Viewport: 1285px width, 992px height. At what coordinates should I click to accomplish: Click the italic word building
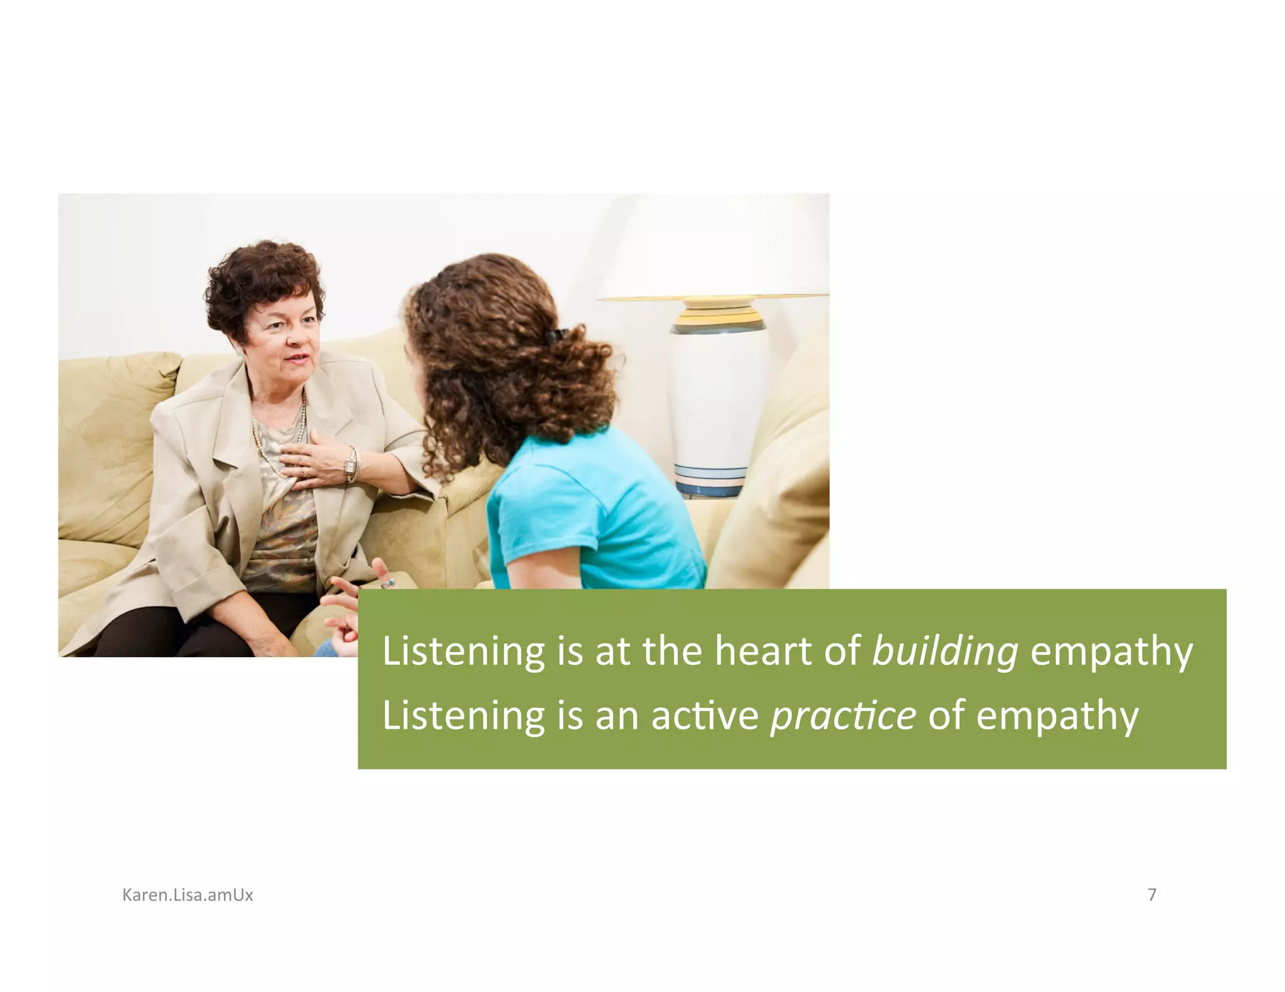click(945, 652)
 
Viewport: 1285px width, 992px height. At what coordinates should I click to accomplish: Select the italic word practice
click(843, 716)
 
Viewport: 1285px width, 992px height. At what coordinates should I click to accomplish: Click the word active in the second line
click(705, 716)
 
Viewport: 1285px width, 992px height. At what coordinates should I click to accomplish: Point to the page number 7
click(1151, 895)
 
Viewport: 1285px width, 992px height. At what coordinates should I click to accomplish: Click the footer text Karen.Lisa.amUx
click(188, 895)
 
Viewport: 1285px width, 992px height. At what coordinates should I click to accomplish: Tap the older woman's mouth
click(298, 359)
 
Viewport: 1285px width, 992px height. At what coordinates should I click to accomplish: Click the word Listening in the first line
click(464, 652)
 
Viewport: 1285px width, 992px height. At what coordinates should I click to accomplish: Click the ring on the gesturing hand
click(388, 584)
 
